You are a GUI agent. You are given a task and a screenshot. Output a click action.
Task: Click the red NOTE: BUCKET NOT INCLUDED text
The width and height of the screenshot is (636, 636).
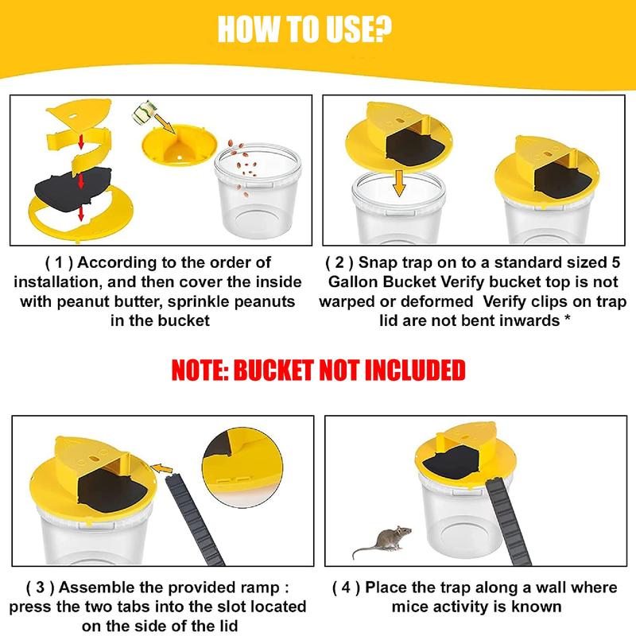coord(318,370)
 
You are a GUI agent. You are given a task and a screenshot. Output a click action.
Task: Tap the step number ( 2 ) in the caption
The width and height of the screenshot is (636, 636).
coord(341,262)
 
